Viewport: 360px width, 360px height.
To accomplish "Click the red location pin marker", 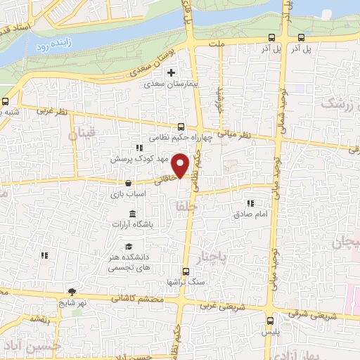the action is point(181,165).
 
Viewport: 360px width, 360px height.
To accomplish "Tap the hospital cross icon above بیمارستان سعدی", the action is point(169,72).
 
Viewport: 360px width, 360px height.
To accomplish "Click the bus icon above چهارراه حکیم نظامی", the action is point(181,127).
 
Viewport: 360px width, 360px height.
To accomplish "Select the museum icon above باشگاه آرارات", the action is point(131,214).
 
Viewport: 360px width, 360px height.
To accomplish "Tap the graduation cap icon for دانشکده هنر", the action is point(129,246).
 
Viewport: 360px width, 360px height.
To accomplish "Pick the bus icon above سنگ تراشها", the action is point(186,271).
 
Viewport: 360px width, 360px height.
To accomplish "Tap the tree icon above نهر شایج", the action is point(72,292).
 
